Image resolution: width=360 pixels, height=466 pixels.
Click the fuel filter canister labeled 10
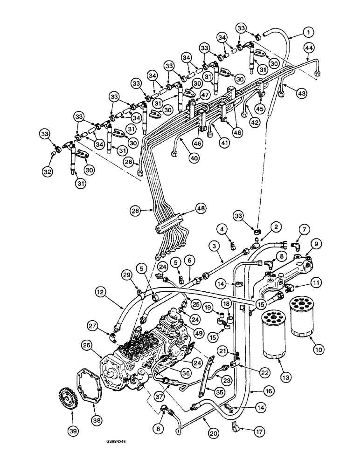click(x=303, y=319)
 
